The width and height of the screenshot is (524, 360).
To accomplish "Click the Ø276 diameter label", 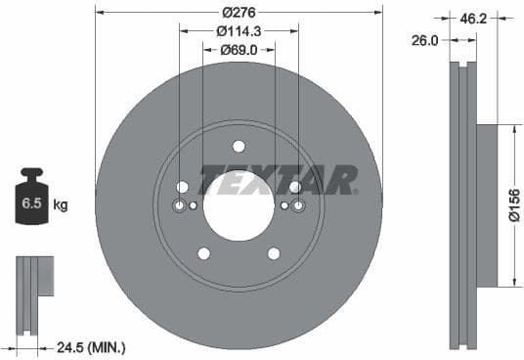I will (x=238, y=12).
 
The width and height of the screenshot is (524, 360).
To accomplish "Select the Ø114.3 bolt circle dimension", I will (x=238, y=30).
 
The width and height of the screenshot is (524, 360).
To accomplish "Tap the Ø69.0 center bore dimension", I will (x=238, y=49).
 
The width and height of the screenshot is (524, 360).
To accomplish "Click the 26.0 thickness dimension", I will (x=426, y=41).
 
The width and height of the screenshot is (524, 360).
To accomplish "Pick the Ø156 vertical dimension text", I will (x=514, y=205).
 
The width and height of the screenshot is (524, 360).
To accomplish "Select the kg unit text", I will (x=61, y=205).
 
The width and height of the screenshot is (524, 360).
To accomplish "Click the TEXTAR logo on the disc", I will (x=279, y=180).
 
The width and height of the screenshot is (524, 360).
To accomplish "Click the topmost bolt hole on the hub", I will (x=239, y=147).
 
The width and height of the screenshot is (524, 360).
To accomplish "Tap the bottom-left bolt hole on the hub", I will (x=203, y=253).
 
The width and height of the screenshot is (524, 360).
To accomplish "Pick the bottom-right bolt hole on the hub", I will (x=274, y=253).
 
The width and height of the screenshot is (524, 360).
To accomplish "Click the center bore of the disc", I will (x=239, y=207).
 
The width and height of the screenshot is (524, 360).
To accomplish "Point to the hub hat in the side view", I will (x=486, y=205).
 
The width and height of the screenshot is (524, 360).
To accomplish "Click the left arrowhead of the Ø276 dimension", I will (x=99, y=12).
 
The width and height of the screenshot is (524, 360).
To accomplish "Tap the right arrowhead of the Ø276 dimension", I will (x=378, y=12).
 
